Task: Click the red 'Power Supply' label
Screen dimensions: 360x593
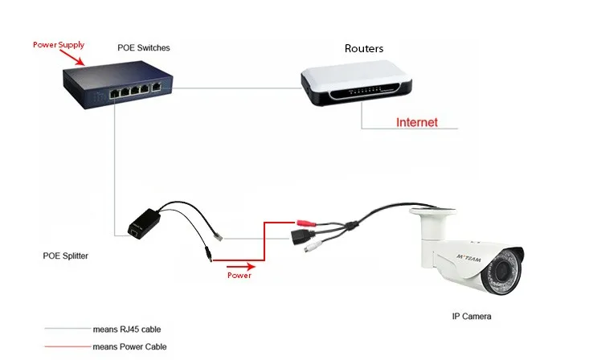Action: click(58, 45)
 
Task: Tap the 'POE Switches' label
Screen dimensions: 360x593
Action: click(144, 48)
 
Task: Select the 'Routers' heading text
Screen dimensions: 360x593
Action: click(363, 48)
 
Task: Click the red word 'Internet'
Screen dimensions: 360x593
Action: click(417, 123)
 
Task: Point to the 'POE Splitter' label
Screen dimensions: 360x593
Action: click(66, 256)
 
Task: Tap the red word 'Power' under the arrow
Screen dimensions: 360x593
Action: click(238, 276)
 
